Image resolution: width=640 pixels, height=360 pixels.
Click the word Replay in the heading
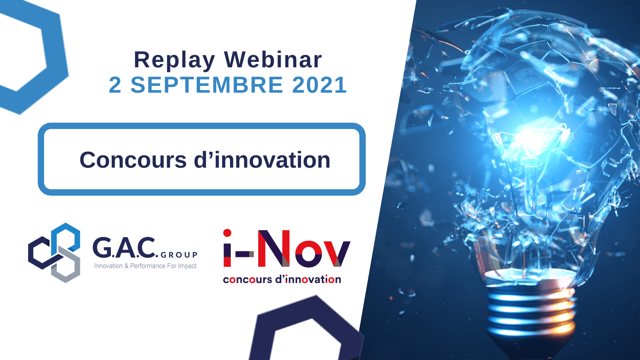[174, 61]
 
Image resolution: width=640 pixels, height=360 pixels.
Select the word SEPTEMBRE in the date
[207, 85]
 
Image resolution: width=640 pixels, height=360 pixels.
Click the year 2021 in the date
[320, 85]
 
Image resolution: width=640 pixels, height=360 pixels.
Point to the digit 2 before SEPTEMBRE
[115, 85]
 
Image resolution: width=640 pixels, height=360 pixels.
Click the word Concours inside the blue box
[133, 160]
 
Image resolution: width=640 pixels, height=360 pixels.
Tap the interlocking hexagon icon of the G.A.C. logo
[54, 253]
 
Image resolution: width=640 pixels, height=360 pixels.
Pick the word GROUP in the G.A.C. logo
[179, 255]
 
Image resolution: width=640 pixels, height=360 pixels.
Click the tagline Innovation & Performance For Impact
[145, 266]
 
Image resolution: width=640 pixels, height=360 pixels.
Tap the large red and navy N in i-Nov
[274, 249]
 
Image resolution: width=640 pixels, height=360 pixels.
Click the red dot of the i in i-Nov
[227, 233]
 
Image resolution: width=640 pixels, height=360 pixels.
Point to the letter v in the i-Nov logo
[336, 254]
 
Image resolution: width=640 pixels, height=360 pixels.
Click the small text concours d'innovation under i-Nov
[282, 279]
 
